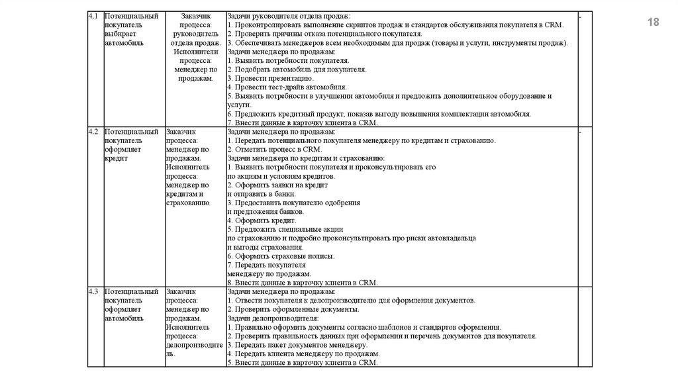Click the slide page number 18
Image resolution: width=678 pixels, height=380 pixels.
(x=654, y=23)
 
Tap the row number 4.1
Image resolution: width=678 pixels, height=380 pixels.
(x=93, y=15)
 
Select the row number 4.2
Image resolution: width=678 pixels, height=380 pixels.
(x=93, y=132)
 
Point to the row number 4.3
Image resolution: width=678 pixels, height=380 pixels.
(x=93, y=291)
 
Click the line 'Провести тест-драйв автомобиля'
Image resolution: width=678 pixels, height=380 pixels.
(x=288, y=87)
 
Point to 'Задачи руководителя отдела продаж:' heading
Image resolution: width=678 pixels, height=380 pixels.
(x=289, y=15)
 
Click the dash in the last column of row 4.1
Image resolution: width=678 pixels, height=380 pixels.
(x=580, y=15)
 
